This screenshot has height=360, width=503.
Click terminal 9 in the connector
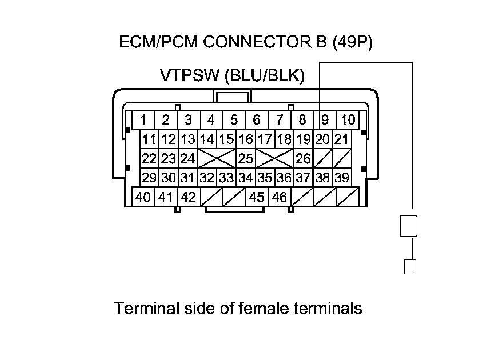pyautogui.click(x=325, y=120)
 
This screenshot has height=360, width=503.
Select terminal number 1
pyautogui.click(x=143, y=120)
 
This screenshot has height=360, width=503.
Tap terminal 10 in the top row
pyautogui.click(x=348, y=120)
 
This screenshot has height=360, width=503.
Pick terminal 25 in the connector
pyautogui.click(x=246, y=158)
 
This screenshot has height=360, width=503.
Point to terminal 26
pyautogui.click(x=302, y=158)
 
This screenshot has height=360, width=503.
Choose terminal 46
pyautogui.click(x=280, y=197)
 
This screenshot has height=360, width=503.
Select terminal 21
pyautogui.click(x=341, y=139)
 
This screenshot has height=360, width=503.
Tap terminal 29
pyautogui.click(x=149, y=178)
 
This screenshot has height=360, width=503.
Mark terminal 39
pyautogui.click(x=341, y=178)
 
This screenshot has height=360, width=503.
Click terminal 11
pyautogui.click(x=149, y=139)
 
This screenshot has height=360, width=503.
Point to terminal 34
pyautogui.click(x=246, y=178)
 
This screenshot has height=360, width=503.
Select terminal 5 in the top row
pyautogui.click(x=234, y=120)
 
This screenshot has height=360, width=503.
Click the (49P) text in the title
pyautogui.click(x=352, y=43)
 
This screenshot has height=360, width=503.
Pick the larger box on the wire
pyautogui.click(x=408, y=226)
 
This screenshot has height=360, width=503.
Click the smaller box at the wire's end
pyautogui.click(x=409, y=266)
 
